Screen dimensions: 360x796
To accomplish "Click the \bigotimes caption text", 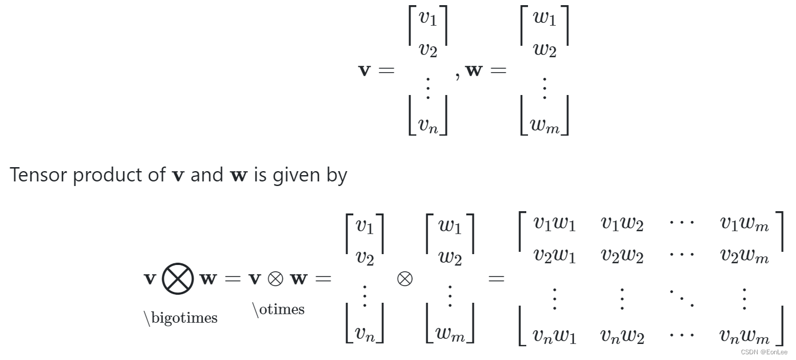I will tap(180, 318).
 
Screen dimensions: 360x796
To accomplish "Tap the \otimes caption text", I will tap(278, 310).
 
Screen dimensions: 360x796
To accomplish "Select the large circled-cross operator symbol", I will tap(178, 279).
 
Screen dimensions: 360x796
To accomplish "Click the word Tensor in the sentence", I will tap(38, 175).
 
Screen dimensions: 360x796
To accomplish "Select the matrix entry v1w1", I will tap(554, 223).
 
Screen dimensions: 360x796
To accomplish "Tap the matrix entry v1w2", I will tap(622, 223).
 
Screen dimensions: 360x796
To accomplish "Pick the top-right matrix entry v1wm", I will tap(744, 223).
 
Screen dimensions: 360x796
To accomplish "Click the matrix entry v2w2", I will tap(622, 255).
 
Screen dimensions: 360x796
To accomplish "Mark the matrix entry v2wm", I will tap(744, 255).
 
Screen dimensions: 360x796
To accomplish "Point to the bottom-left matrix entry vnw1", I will tap(554, 335).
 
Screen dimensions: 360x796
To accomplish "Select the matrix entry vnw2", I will tap(622, 335).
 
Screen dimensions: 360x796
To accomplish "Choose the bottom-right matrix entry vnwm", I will tap(744, 335).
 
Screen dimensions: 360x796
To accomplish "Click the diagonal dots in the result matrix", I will tap(681, 297).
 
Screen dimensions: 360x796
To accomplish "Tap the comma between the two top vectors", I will tap(458, 76).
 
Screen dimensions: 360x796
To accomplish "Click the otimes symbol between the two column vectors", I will tap(405, 279).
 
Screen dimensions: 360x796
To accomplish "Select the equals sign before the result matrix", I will tap(496, 279).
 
